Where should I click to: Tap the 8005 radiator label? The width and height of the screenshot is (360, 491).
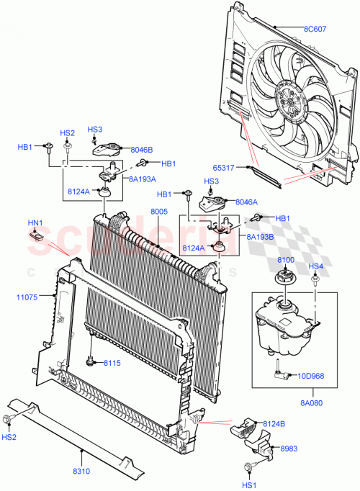coord(159,212)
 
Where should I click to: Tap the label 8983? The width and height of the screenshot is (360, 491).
coord(288,447)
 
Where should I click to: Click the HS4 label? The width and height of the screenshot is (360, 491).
coord(316,266)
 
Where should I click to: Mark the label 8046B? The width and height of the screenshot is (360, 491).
coord(142,150)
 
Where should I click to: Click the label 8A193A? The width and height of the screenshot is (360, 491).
coord(143,177)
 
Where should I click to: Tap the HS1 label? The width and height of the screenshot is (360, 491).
coord(248,486)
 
